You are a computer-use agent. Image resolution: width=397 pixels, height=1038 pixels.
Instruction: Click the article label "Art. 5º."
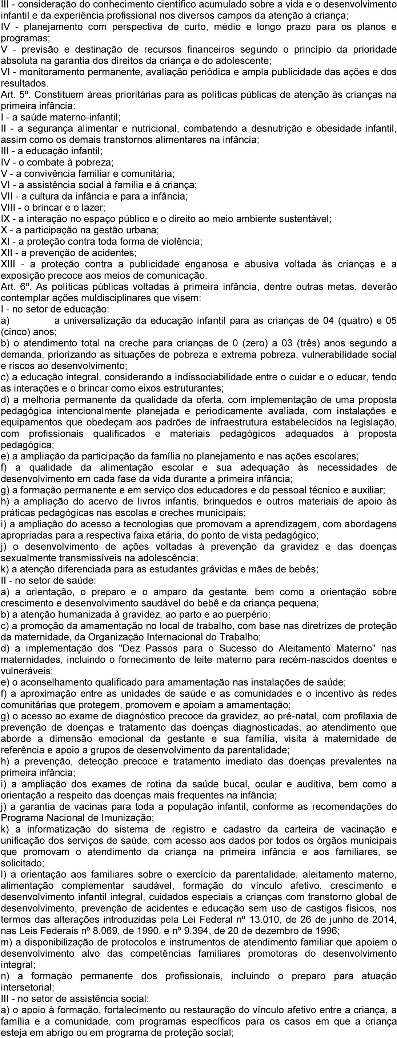tap(13, 95)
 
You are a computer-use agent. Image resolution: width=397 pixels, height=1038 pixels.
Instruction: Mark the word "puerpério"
tap(249, 614)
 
